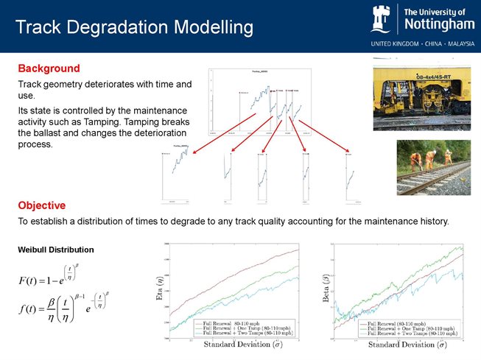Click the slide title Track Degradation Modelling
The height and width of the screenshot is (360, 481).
coord(134,28)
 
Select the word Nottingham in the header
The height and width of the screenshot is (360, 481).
coord(439,26)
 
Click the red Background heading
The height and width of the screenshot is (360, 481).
coord(49,68)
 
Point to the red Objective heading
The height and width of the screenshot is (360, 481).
coord(42,205)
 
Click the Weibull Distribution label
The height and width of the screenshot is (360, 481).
coord(55,250)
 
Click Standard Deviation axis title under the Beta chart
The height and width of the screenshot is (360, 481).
coord(400,345)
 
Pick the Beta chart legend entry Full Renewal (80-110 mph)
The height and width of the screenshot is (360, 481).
coord(394,322)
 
